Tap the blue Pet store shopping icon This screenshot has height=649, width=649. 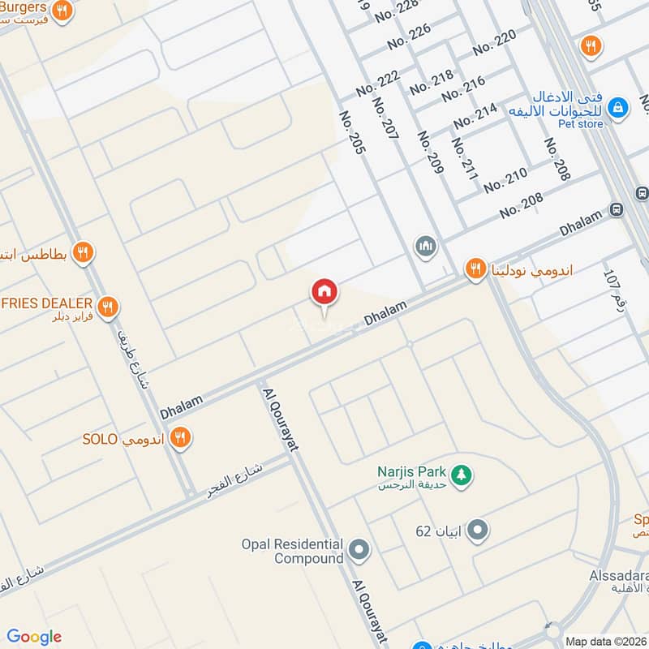tap(617, 107)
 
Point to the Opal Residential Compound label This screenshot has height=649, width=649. tap(292, 551)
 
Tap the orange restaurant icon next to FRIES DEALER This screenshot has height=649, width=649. tap(107, 307)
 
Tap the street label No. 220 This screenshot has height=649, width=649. tap(494, 41)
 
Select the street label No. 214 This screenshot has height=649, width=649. tap(475, 116)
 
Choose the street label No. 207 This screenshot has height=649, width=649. tap(385, 118)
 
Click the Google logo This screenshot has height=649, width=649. tap(34, 637)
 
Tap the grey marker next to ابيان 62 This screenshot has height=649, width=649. tap(479, 531)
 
